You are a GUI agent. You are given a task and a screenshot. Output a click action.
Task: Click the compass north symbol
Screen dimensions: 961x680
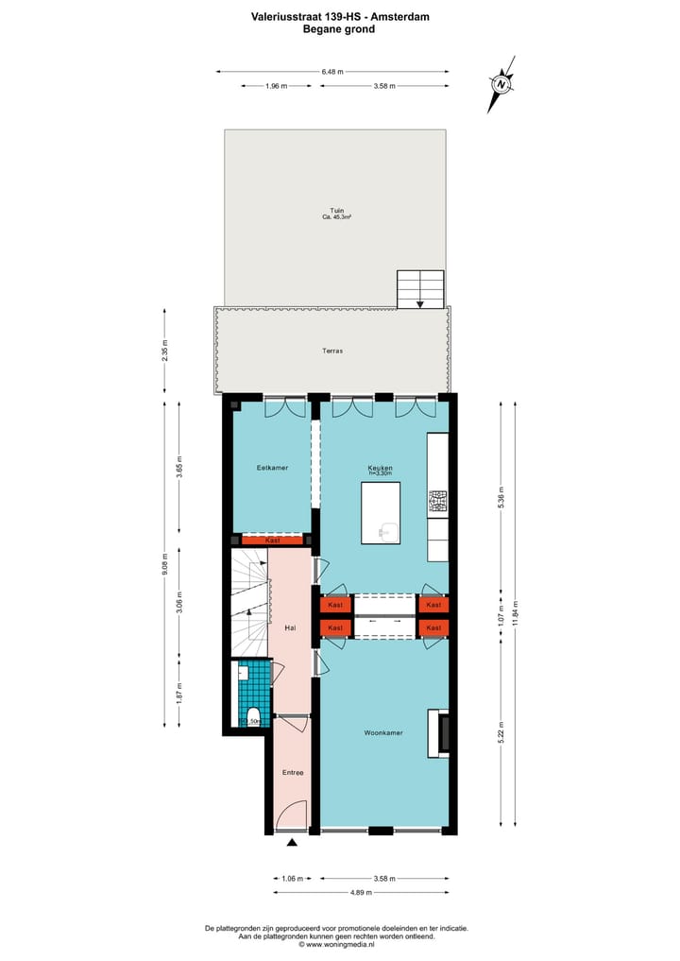tap(502, 84)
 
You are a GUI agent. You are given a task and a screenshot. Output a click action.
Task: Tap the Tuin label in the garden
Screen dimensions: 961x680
tap(336, 210)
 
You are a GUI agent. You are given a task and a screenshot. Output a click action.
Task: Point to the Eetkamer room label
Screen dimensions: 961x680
tap(272, 468)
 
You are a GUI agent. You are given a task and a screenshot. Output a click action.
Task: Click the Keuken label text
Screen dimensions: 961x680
tap(381, 468)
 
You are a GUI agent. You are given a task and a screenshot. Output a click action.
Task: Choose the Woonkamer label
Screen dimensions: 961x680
tap(383, 732)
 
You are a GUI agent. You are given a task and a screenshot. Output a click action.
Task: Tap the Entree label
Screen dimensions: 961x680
tap(294, 773)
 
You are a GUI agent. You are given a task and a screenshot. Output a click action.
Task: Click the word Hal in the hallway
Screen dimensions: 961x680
tap(290, 627)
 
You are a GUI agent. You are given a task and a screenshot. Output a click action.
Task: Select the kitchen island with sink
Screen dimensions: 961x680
tap(381, 513)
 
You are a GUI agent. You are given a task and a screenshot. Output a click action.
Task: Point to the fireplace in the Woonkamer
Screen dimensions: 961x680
tap(439, 732)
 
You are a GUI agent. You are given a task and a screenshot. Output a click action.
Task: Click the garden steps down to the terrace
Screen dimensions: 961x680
tap(419, 288)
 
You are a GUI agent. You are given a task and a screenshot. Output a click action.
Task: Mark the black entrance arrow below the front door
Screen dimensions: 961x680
tap(292, 842)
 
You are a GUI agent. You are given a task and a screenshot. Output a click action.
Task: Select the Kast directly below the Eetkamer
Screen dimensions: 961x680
tap(272, 541)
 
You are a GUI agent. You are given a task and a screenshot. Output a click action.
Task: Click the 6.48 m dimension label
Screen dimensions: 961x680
tap(331, 71)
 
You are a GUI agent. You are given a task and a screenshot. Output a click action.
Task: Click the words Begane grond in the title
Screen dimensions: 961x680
tap(338, 29)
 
